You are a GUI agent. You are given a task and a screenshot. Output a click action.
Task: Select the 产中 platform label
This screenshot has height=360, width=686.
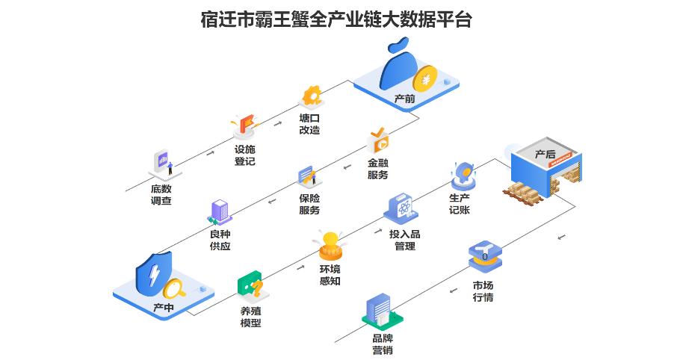164,307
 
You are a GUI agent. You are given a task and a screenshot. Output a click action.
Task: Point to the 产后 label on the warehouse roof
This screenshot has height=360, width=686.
546,155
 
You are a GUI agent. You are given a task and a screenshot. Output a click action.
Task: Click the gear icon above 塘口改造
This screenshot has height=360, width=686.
310,96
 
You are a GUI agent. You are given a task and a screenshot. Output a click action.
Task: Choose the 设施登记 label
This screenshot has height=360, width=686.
245,155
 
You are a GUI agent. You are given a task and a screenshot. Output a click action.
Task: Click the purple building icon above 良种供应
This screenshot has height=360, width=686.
219,211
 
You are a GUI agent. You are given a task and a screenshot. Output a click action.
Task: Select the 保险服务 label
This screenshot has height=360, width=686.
309,204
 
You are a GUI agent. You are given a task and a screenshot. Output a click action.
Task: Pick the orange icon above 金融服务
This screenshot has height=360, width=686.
379,140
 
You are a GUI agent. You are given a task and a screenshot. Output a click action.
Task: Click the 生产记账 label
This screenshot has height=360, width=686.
460,204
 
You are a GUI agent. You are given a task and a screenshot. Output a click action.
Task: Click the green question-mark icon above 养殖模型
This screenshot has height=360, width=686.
250,285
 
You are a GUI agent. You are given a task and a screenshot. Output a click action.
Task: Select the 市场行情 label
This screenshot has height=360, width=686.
483,291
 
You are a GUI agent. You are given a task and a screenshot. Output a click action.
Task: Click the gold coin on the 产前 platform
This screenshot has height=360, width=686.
427,78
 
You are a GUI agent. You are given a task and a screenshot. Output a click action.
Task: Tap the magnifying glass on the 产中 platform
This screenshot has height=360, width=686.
177,287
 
